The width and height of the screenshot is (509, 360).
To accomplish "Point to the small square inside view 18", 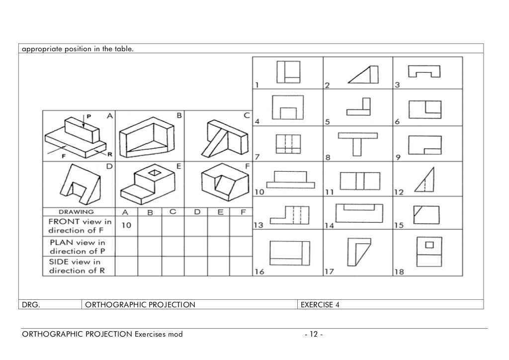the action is point(430,244).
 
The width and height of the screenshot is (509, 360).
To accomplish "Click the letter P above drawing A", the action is point(89,116).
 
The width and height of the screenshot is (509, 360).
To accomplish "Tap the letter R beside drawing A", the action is point(109,154).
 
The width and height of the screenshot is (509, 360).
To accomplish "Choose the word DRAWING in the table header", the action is point(78,212).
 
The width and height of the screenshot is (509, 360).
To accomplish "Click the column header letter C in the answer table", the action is point(172,212).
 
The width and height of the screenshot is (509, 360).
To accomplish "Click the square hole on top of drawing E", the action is point(155,173).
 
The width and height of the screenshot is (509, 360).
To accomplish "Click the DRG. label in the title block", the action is point(31,304).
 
